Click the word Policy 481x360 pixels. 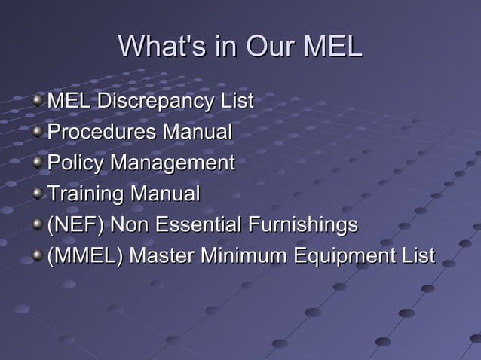pyautogui.click(x=76, y=163)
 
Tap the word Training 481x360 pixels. pyautogui.click(x=86, y=194)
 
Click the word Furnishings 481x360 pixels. pyautogui.click(x=305, y=225)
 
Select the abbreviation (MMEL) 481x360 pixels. pyautogui.click(x=85, y=256)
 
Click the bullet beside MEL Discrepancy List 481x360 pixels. pyautogui.click(x=38, y=102)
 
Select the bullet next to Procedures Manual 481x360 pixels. pyautogui.click(x=38, y=133)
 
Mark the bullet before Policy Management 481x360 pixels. pyautogui.click(x=38, y=164)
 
